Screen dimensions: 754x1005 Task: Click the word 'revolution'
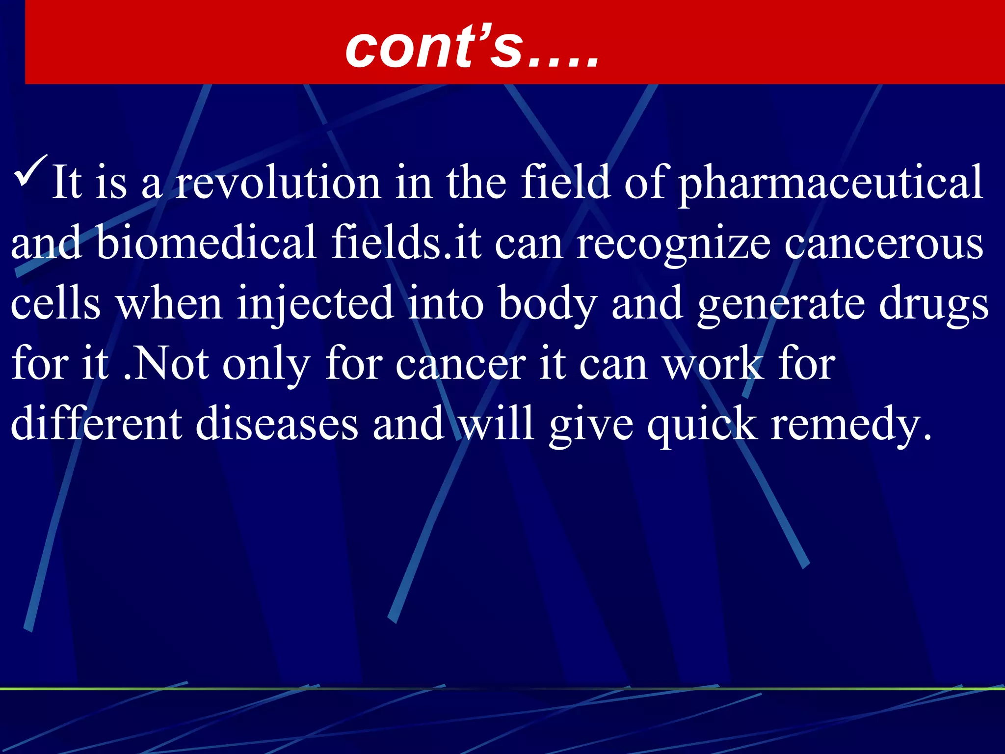click(278, 183)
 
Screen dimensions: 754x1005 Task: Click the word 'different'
click(96, 424)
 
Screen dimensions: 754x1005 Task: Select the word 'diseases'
click(277, 424)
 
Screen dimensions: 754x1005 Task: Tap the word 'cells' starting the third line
click(55, 303)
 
